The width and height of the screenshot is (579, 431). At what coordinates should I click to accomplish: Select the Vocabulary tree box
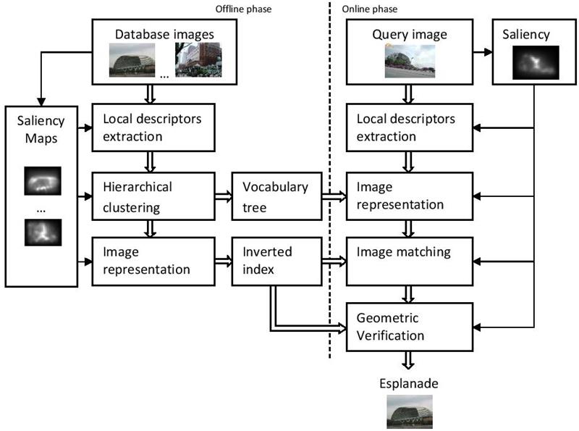click(x=276, y=196)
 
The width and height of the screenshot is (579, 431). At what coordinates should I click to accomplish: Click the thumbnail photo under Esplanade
click(x=410, y=412)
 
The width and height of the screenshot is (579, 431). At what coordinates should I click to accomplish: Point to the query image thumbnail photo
click(x=410, y=61)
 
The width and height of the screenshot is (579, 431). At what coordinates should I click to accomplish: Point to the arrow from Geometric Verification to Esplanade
click(x=410, y=361)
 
